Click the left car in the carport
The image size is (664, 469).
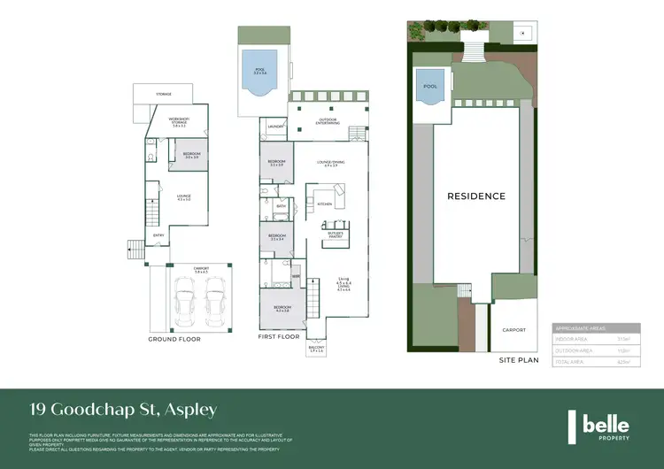187,299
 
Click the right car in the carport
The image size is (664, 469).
215,299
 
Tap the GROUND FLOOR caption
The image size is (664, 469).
175,339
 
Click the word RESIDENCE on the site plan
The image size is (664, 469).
475,196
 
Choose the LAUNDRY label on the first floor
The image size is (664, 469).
275,127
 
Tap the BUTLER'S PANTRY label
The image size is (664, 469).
335,235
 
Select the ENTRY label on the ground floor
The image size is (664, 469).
158,234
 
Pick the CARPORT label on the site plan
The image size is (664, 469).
513,330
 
